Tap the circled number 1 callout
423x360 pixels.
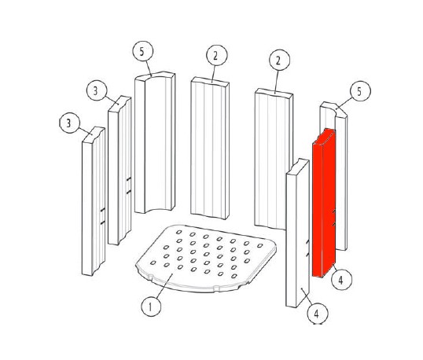[151, 307]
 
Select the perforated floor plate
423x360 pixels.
[206, 258]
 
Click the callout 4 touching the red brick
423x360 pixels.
[341, 280]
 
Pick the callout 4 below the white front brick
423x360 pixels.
[318, 314]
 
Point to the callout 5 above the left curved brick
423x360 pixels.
[143, 51]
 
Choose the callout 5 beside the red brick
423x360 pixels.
[360, 91]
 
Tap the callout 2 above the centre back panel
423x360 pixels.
[217, 55]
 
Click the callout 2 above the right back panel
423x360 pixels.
[279, 60]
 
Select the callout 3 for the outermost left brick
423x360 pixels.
[70, 123]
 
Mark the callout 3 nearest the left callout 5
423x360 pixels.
[97, 90]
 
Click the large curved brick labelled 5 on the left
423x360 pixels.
[155, 143]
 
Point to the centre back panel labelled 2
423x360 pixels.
[210, 149]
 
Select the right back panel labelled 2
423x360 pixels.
[274, 159]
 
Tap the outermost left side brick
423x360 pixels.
[94, 201]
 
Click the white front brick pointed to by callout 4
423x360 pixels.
[297, 233]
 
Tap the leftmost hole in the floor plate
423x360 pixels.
[153, 263]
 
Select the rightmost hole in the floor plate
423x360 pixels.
[260, 245]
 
